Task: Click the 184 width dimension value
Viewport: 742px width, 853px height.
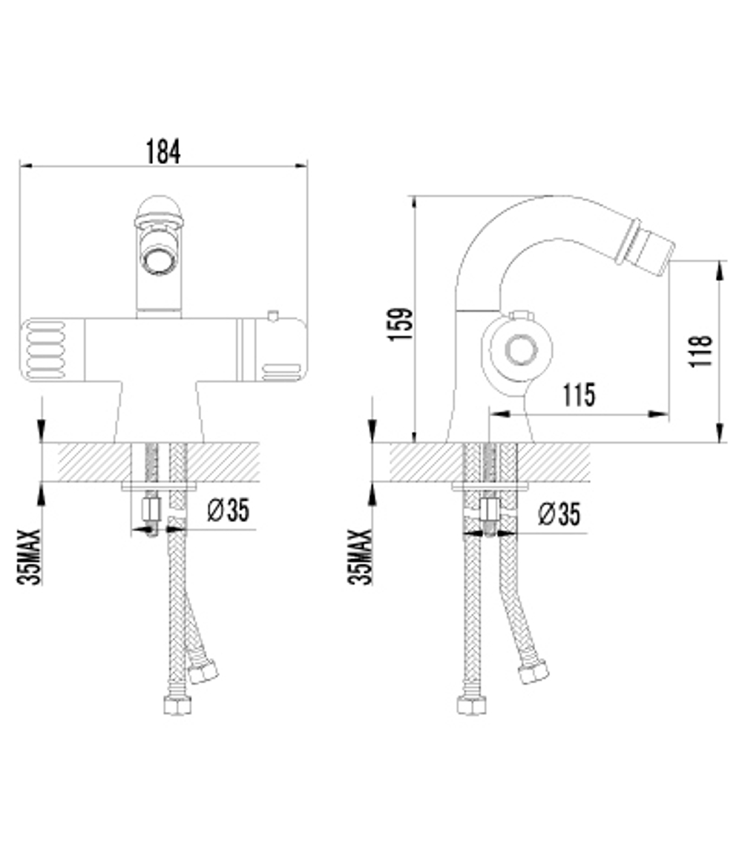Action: tap(162, 151)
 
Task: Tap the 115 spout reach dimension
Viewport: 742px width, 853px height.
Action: tap(578, 395)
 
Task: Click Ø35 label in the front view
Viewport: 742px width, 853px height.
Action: tap(228, 510)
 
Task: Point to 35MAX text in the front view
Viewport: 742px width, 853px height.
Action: tap(30, 556)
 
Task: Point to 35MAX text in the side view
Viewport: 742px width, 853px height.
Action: tap(361, 556)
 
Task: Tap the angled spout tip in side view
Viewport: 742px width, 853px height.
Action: tap(656, 241)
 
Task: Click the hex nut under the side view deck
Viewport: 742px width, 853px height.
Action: tap(489, 510)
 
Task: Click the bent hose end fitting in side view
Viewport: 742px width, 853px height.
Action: tap(533, 672)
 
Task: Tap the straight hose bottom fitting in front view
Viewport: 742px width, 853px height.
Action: tap(177, 704)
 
